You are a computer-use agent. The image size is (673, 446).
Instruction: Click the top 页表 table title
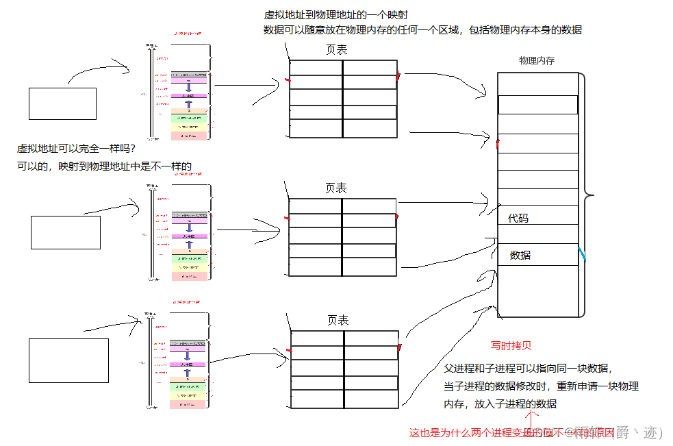coord(336,50)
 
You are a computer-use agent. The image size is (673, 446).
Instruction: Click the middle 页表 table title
coord(335,188)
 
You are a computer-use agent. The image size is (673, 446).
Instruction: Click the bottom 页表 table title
coord(338,321)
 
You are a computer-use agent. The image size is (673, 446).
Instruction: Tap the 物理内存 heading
coord(537,61)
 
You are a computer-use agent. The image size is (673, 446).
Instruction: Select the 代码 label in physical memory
coord(518,219)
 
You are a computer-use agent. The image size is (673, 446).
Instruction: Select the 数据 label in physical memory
coord(520,256)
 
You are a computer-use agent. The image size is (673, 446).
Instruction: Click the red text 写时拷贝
coord(511,345)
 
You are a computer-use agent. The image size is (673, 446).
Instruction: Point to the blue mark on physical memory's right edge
coord(583,255)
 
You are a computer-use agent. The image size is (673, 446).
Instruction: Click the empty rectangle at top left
coord(62,103)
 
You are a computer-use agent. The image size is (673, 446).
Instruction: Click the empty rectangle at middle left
coord(66,232)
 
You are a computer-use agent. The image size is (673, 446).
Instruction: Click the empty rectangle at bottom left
coord(68,360)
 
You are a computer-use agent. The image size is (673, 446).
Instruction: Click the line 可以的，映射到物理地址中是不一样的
coord(105,166)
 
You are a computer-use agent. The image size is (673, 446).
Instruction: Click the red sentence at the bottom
coord(511,432)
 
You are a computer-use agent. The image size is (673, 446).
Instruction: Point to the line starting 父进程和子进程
coord(524,368)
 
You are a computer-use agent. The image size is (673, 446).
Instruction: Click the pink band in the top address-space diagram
coord(188,80)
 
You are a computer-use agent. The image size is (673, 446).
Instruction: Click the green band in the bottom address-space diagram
coord(188,387)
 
